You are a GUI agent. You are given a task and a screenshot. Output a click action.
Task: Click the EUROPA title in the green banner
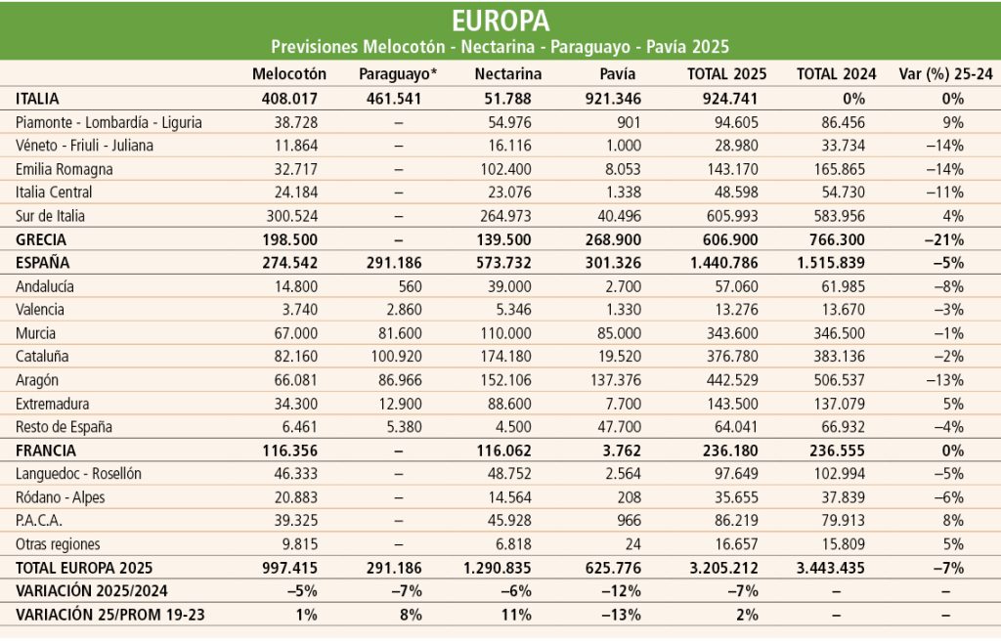(500, 21)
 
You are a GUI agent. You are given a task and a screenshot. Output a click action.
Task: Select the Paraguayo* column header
(399, 74)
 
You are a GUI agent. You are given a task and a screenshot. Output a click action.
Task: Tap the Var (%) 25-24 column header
(945, 74)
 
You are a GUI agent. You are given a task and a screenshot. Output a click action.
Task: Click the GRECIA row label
(41, 239)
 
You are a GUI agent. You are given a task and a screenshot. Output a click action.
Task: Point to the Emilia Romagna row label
(64, 169)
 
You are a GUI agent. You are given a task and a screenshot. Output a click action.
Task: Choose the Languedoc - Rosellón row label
(78, 474)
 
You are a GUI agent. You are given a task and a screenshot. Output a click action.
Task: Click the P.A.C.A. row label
(39, 520)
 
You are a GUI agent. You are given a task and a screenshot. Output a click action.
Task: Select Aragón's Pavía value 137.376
(616, 380)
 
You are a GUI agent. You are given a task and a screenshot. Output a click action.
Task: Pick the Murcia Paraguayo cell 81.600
(400, 333)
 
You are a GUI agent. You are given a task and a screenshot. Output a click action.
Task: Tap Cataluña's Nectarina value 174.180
(505, 356)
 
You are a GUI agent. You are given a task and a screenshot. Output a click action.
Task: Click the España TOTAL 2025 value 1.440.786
(724, 263)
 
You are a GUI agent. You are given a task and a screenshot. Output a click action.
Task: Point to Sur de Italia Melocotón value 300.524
(291, 216)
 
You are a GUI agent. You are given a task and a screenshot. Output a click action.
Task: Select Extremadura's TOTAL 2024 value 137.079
(840, 404)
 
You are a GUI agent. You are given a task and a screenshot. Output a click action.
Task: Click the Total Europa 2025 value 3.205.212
(724, 568)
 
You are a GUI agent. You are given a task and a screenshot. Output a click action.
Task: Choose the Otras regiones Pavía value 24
(632, 544)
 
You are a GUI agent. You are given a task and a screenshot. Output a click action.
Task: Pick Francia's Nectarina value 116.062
(503, 451)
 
